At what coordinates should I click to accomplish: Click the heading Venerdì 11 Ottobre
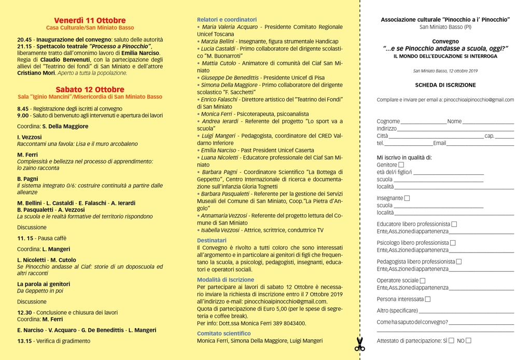[x=90, y=20]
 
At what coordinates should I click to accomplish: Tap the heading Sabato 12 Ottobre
[x=90, y=89]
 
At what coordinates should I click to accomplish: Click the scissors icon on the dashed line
[x=360, y=344]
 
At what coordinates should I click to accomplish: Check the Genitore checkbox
[x=401, y=165]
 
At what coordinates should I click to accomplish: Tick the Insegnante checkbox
[x=407, y=198]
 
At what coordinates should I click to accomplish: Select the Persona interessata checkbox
[x=428, y=299]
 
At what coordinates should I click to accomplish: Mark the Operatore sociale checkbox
[x=423, y=281]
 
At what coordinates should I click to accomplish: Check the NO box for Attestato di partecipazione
[x=468, y=341]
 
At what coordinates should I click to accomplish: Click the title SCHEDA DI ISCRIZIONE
[x=445, y=85]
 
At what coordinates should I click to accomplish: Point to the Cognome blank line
[x=423, y=122]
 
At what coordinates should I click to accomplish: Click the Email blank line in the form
[x=480, y=144]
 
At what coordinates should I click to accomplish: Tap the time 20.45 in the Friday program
[x=24, y=39]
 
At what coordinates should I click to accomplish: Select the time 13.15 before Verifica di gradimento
[x=24, y=341]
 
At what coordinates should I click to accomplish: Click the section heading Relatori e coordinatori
[x=227, y=19]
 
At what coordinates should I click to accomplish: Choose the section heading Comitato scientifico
[x=223, y=333]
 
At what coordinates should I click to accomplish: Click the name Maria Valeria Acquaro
[x=230, y=27]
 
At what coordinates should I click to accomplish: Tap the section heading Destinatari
[x=212, y=240]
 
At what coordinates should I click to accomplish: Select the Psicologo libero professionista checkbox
[x=453, y=243]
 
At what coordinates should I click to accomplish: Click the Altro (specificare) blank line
[x=466, y=311]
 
